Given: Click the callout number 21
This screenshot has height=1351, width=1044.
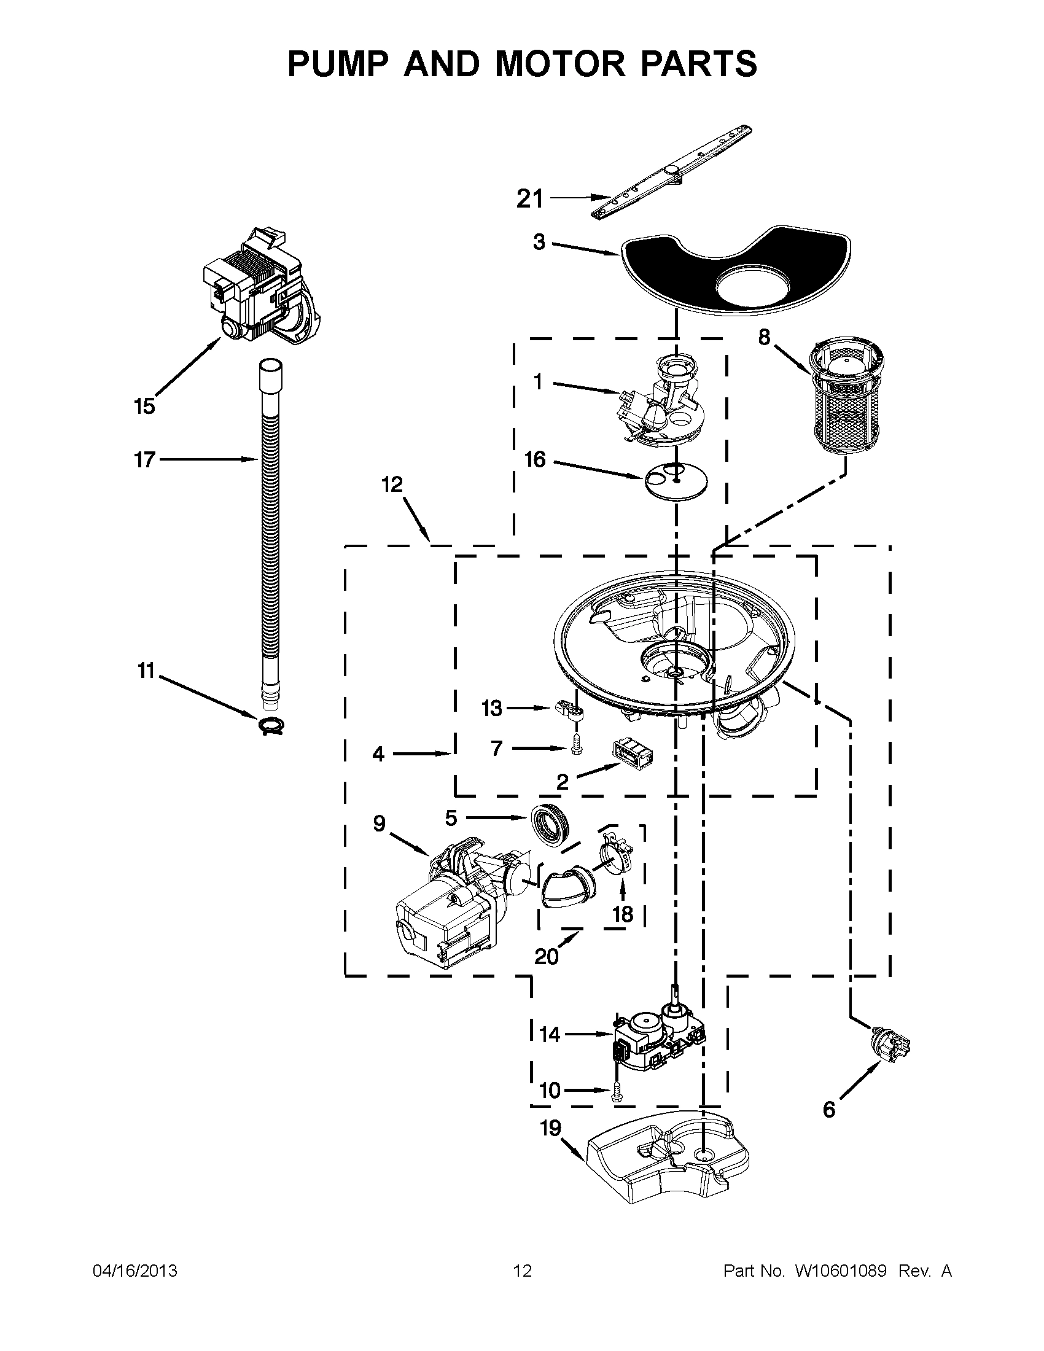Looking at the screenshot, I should point(530,199).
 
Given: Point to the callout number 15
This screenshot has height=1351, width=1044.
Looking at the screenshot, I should point(144,407).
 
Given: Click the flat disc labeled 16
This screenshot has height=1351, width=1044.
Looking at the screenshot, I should point(676,480).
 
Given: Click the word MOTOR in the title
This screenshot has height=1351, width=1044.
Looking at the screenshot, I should point(559,64).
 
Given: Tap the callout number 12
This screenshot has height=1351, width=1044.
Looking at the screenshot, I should point(392,485).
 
